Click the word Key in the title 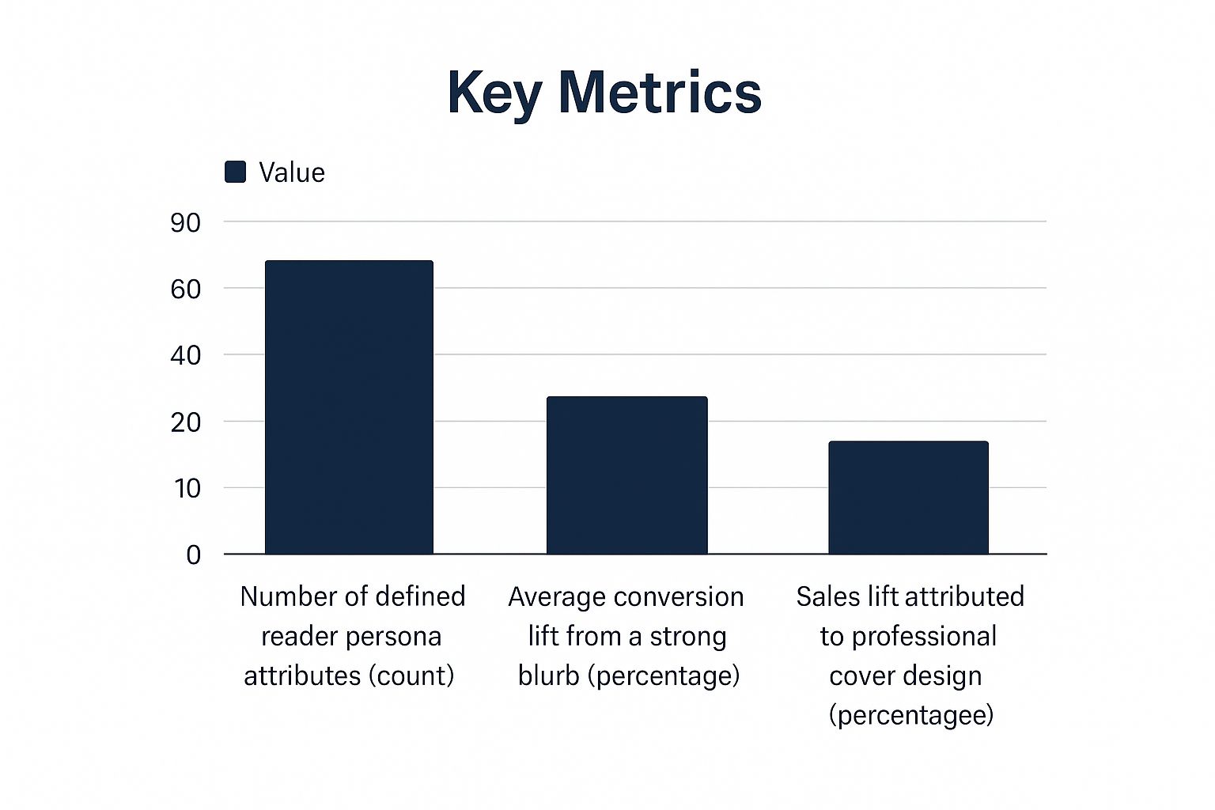494,93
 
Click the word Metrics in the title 660,93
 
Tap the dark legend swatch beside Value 235,172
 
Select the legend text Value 292,172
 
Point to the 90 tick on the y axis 186,223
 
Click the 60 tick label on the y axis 186,290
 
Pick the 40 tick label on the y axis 186,356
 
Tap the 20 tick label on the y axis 186,422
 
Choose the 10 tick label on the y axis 187,489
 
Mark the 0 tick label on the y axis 193,555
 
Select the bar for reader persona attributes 349,407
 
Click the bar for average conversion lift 626,475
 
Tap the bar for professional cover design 908,498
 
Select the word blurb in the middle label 548,676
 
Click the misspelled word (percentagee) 910,715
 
